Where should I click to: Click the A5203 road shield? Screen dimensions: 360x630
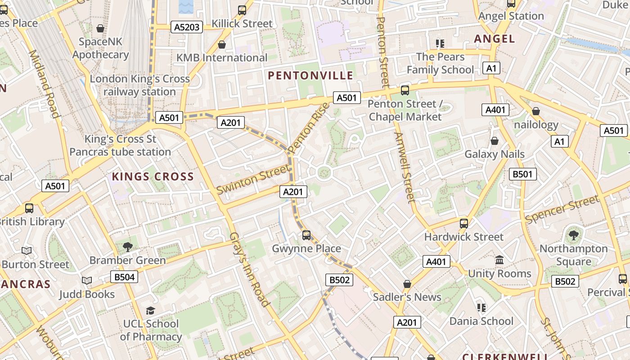(187, 27)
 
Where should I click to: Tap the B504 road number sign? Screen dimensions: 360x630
(124, 277)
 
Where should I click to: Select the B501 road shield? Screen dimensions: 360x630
(522, 174)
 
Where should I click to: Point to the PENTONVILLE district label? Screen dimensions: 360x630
(310, 75)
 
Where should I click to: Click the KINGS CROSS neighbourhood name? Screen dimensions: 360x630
(153, 176)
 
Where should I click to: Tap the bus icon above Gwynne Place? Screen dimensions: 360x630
(306, 235)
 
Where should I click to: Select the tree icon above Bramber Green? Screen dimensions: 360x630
(128, 247)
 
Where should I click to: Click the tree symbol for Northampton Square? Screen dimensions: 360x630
(573, 235)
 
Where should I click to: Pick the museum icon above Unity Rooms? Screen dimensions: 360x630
(499, 260)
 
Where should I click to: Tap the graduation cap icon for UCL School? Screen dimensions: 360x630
(150, 310)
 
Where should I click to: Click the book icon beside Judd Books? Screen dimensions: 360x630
(87, 281)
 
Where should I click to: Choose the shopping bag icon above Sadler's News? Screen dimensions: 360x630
(407, 284)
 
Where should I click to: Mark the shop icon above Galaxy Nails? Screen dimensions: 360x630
(495, 141)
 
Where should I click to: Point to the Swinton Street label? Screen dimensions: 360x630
(253, 179)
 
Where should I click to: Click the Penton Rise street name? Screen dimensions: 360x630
(309, 127)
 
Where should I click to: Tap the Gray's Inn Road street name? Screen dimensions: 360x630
(249, 269)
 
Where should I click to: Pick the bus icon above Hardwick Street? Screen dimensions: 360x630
(464, 223)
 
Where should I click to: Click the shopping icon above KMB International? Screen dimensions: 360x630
(221, 45)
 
